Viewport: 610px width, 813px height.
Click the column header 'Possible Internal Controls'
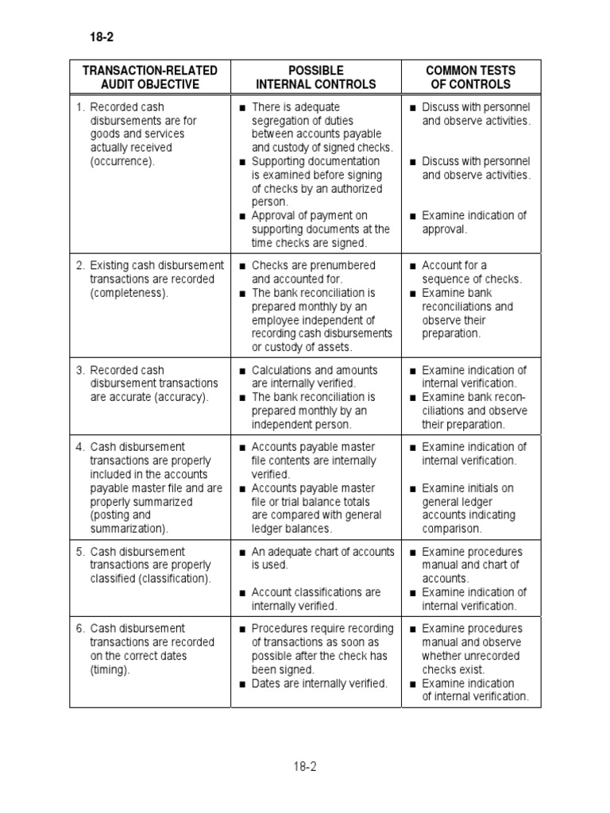coord(316,77)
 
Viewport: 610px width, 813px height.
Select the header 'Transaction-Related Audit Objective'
coord(150,77)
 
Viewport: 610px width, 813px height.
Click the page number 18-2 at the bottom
coord(306,766)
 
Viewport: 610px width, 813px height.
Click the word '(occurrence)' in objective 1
coord(123,161)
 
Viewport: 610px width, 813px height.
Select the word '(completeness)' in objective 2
coord(129,293)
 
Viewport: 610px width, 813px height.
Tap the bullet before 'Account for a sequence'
coord(413,266)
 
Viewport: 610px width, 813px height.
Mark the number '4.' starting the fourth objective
coord(80,447)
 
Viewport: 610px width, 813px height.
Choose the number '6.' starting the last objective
coord(80,629)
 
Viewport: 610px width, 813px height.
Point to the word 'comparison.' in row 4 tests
coord(452,529)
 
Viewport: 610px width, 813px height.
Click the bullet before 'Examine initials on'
coord(413,488)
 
